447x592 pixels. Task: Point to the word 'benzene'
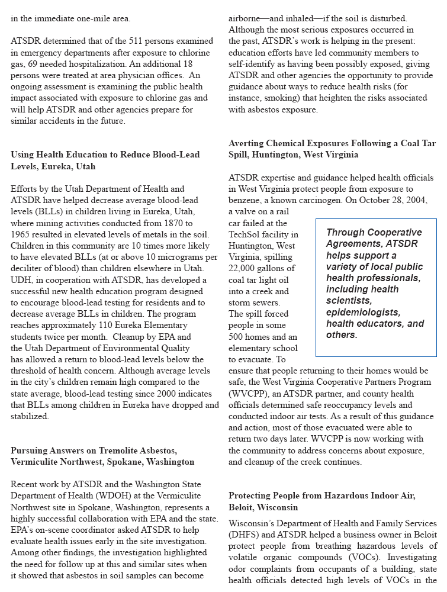click(x=245, y=200)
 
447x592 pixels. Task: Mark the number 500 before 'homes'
click(x=237, y=337)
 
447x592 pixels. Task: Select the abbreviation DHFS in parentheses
click(x=243, y=535)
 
